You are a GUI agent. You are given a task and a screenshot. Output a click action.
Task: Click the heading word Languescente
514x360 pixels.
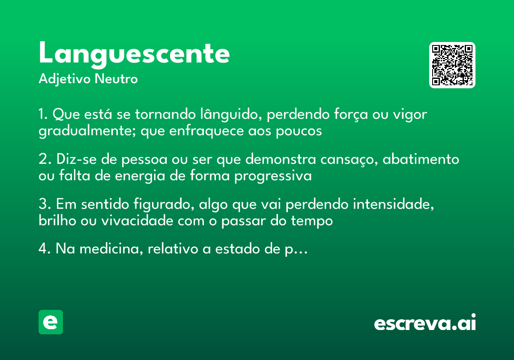[134, 54]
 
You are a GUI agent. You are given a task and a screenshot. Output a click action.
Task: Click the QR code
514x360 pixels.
[452, 65]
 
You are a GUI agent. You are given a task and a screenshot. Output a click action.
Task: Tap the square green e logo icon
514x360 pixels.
[51, 322]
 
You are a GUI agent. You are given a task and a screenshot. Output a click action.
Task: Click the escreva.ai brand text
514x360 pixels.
[425, 323]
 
